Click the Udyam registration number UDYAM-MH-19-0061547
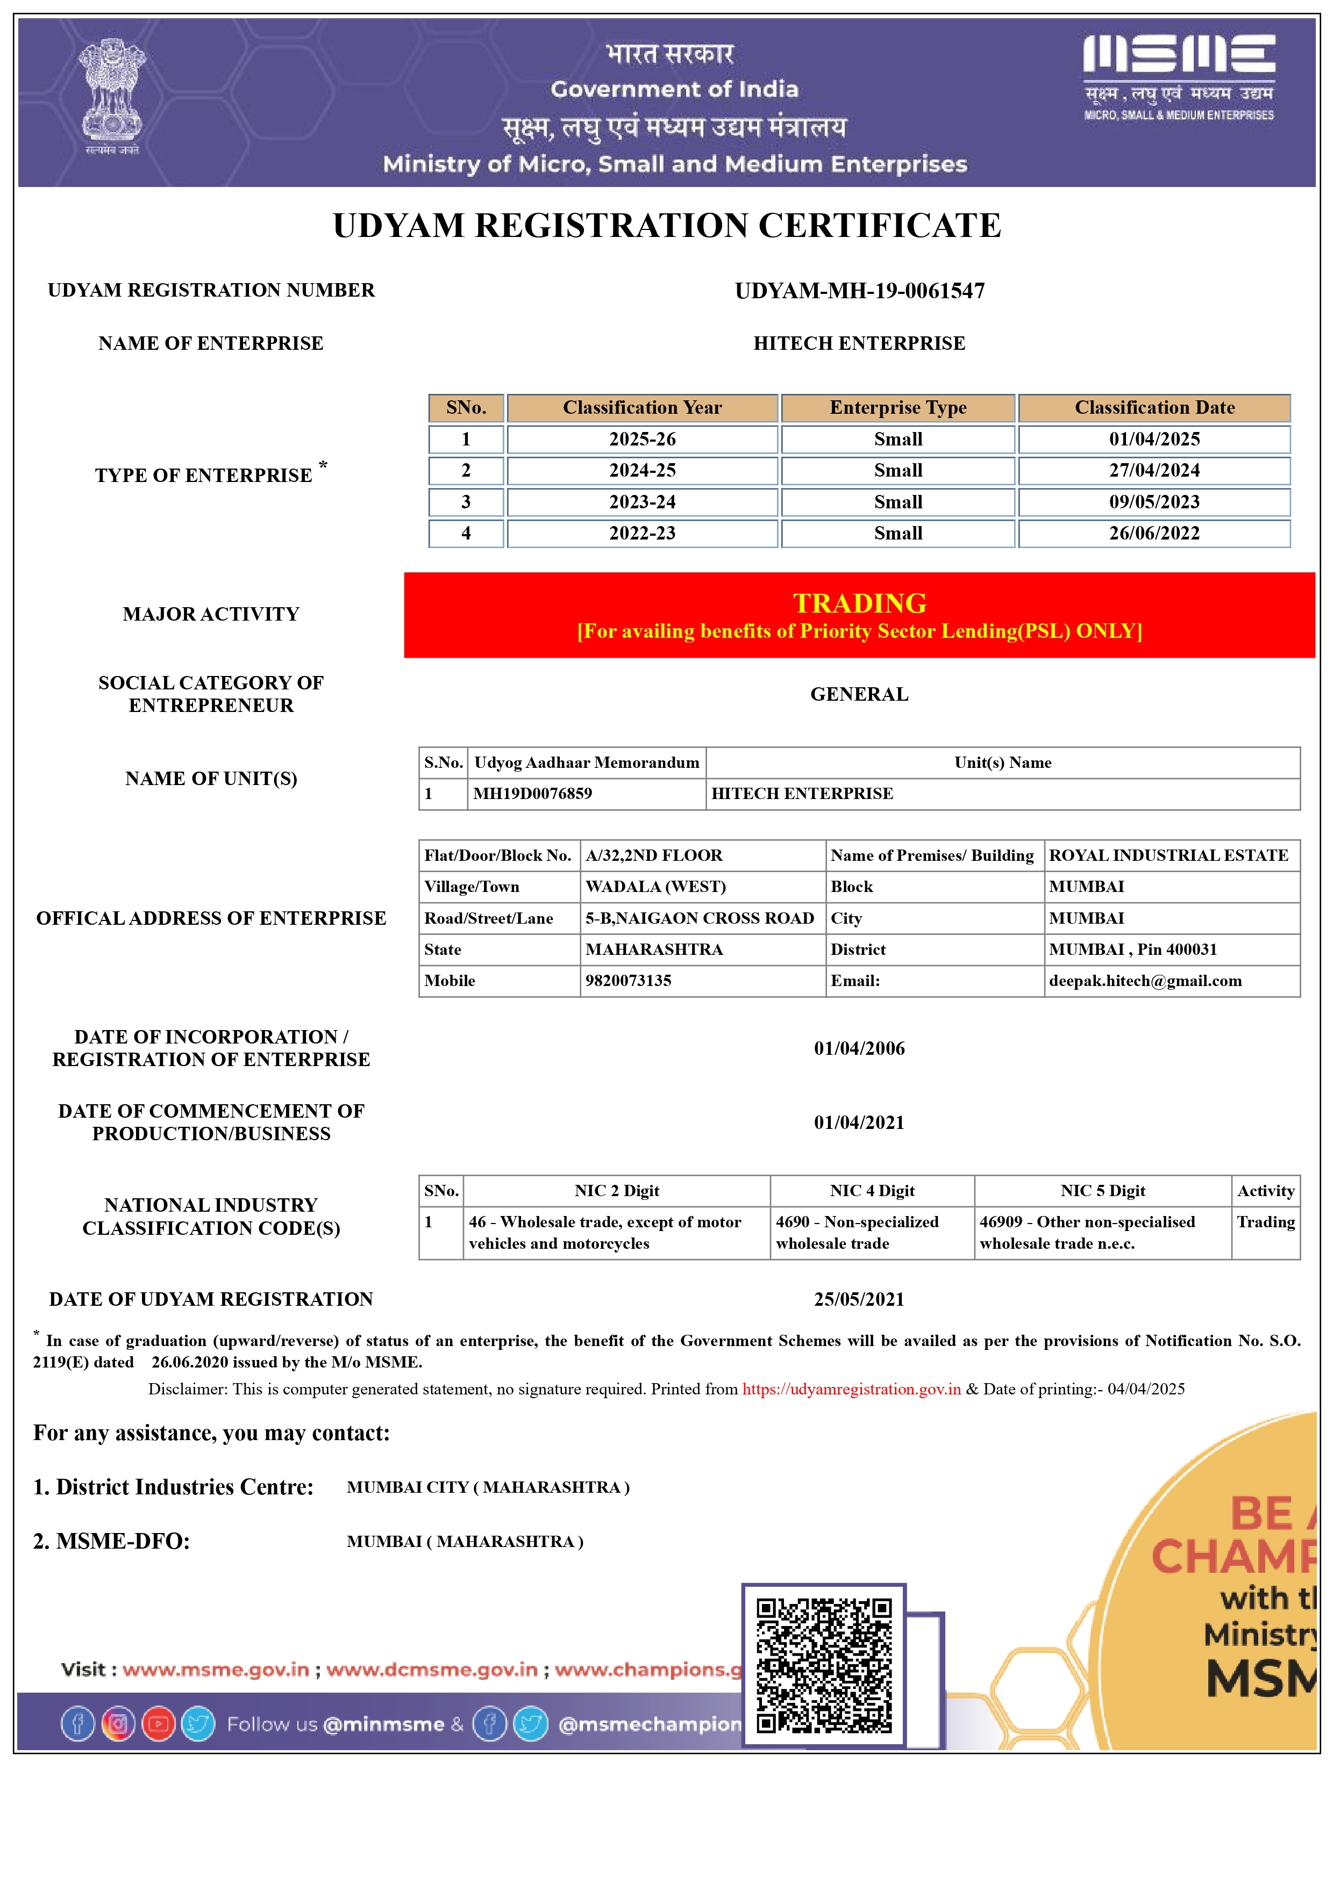(x=859, y=291)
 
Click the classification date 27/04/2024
(x=1154, y=470)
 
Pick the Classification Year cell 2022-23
(x=642, y=534)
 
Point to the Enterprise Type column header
(x=897, y=408)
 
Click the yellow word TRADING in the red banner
(x=859, y=603)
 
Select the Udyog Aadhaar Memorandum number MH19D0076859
(x=533, y=794)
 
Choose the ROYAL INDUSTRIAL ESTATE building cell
(x=1168, y=855)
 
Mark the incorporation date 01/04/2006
(x=859, y=1048)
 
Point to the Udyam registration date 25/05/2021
(x=859, y=1300)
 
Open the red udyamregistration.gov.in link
(x=852, y=1389)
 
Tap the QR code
(x=824, y=1665)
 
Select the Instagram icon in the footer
(x=118, y=1724)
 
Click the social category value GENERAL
(x=859, y=695)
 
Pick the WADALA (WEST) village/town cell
(x=655, y=887)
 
